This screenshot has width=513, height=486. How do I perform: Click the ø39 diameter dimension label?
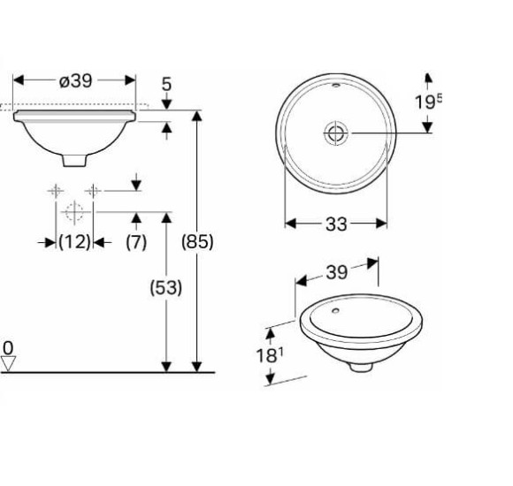75,80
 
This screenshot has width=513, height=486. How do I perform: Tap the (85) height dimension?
197,242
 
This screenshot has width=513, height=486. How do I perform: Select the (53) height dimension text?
166,287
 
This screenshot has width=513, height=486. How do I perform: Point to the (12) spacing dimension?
74,242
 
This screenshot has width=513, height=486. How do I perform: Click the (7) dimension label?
136,242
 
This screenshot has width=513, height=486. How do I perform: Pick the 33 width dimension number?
336,224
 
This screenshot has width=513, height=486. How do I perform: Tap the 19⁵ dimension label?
429,102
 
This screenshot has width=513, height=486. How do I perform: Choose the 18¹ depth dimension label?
270,355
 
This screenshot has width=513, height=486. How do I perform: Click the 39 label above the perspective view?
336,272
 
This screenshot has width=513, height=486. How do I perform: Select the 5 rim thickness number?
166,84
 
